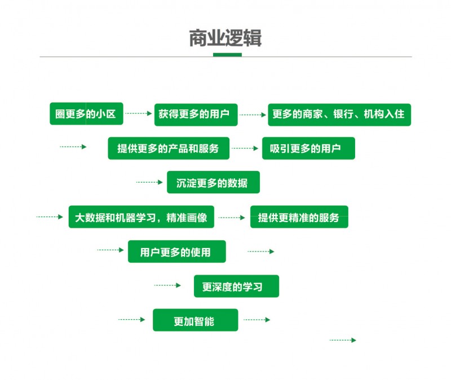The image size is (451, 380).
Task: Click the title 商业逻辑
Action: pos(225,38)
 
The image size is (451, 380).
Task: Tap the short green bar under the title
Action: pos(227,55)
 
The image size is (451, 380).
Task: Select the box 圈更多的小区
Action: pos(86,114)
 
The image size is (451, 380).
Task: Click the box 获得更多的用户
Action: pos(196,114)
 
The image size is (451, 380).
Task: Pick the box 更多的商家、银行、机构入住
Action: pos(339,114)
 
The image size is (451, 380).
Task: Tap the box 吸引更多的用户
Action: pos(308,148)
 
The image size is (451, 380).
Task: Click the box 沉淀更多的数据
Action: pos(213,182)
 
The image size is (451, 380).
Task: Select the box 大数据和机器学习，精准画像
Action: pos(141,217)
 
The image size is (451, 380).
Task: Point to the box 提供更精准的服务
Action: pos(299,217)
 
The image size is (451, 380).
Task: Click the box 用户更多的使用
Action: pos(176,251)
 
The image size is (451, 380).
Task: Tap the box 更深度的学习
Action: pos(236,286)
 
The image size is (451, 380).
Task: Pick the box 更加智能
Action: pos(195,320)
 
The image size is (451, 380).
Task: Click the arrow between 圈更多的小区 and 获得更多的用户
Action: pos(139,114)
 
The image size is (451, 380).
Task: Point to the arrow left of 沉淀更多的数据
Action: pos(149,182)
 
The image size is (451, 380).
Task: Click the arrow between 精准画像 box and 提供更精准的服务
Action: pos(232,217)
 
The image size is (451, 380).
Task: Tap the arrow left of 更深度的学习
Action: pos(167,285)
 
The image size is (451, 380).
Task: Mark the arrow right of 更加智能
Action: pos(257,320)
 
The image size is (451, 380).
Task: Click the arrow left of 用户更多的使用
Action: pos(110,250)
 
